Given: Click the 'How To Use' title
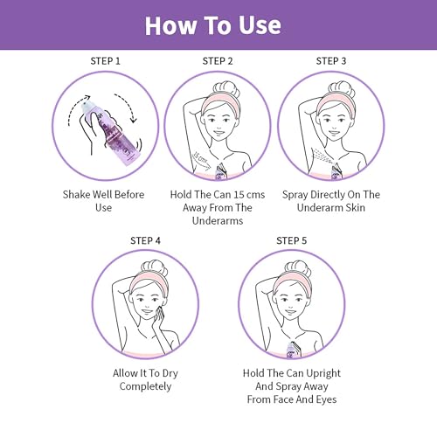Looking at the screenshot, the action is coord(213,25).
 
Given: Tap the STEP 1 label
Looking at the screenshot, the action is coord(105,61).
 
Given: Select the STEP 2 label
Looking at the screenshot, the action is coord(218,61).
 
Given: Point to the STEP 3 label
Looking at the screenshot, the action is coord(331,61).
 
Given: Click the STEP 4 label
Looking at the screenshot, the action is coord(145,240).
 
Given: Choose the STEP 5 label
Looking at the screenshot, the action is coord(292,240).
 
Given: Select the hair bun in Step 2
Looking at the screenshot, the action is coord(226,89).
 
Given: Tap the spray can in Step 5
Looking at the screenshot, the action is coord(292,349).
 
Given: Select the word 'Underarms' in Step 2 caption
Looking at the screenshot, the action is coord(218,221).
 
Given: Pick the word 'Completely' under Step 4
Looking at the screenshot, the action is coord(145,386).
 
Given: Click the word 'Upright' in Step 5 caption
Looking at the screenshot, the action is coord(323,373).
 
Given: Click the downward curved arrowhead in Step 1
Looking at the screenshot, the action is coord(134,119).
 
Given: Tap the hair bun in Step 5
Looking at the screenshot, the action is coord(297,268).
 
